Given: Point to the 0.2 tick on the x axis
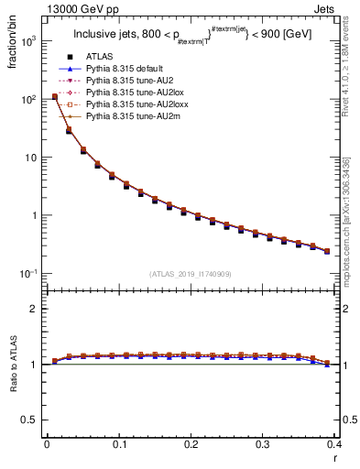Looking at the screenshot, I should click(191, 445).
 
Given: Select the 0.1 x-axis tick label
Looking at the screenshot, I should click(119, 445).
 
